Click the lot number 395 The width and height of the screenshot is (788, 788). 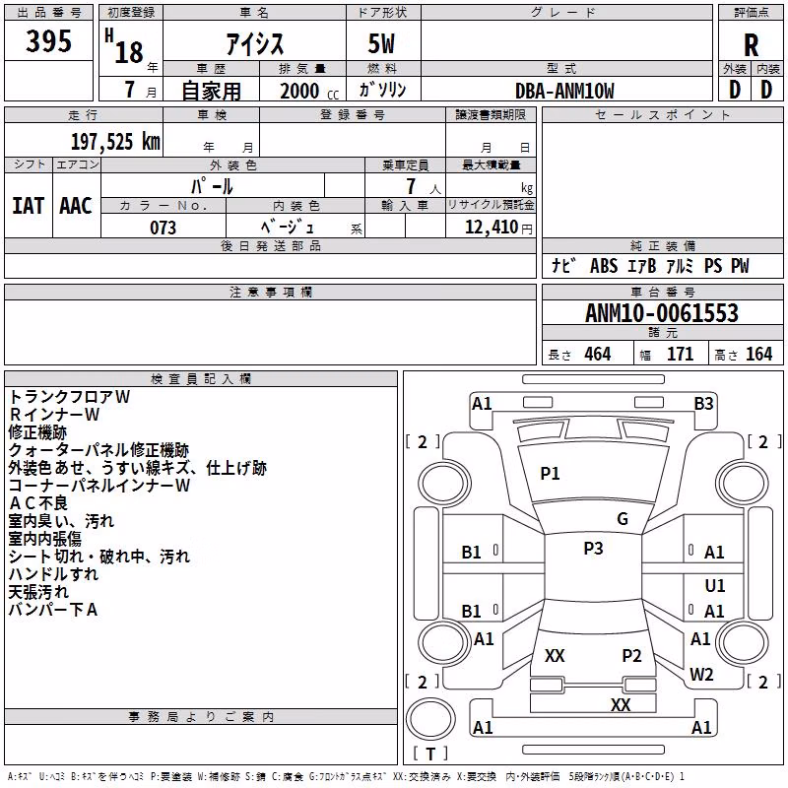pyautogui.click(x=48, y=40)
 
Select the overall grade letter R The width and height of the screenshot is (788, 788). pyautogui.click(x=751, y=45)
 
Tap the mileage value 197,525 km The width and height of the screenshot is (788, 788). pyautogui.click(x=115, y=142)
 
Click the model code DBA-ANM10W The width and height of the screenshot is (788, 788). pyautogui.click(x=564, y=91)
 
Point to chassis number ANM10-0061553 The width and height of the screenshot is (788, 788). pyautogui.click(x=662, y=313)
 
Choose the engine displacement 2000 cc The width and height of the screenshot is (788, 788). pyautogui.click(x=309, y=91)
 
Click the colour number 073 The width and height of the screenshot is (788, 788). pyautogui.click(x=163, y=228)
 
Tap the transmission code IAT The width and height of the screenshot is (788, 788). pyautogui.click(x=28, y=206)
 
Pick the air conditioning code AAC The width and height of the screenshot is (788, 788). pyautogui.click(x=76, y=206)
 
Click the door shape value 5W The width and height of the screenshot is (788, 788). pyautogui.click(x=381, y=43)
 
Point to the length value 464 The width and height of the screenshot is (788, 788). pyautogui.click(x=598, y=354)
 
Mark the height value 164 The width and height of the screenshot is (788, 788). pyautogui.click(x=758, y=354)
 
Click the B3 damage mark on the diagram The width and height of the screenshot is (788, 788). pyautogui.click(x=703, y=404)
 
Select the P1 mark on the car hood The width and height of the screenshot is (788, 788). pyautogui.click(x=550, y=473)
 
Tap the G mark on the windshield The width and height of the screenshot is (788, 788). pyautogui.click(x=623, y=519)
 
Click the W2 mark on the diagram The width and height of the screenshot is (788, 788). pyautogui.click(x=701, y=675)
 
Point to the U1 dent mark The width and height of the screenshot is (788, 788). pyautogui.click(x=715, y=585)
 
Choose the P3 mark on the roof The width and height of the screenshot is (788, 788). pyautogui.click(x=593, y=548)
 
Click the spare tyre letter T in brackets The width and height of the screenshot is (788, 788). pyautogui.click(x=430, y=754)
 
